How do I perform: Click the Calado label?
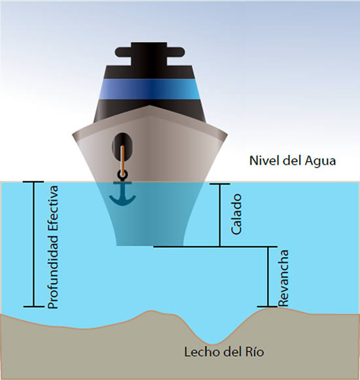coord(236,215)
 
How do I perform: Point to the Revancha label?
coord(283,278)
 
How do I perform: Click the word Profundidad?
coord(53,271)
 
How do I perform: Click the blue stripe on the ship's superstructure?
coord(150,89)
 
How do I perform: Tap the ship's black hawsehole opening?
coord(122,145)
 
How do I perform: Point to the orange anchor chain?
coord(123,160)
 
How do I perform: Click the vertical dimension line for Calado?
coord(220,215)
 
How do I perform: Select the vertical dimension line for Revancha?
coord(268,277)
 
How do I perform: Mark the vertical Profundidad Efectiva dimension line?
coord(34,244)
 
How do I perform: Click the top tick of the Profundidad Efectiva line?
coord(33,182)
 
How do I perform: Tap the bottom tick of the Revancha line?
coord(267,307)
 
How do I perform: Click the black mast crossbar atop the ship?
coord(150,52)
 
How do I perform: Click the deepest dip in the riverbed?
coord(213,343)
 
